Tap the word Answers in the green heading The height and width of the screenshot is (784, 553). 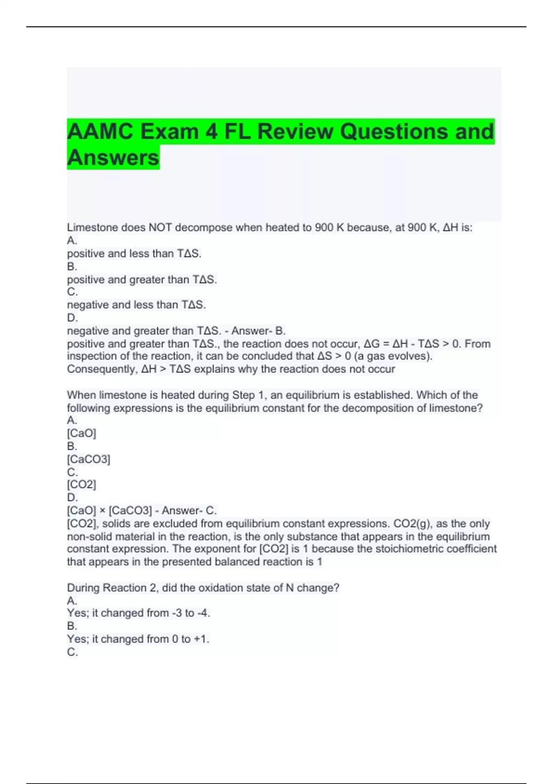[x=113, y=158]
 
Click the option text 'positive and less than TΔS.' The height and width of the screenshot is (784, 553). [x=134, y=254]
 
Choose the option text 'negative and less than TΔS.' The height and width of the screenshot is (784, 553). [x=136, y=305]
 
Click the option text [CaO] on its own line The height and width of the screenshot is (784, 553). [x=82, y=433]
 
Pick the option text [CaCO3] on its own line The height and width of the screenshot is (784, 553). [x=88, y=459]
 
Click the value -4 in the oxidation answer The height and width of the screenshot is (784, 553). [x=203, y=613]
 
